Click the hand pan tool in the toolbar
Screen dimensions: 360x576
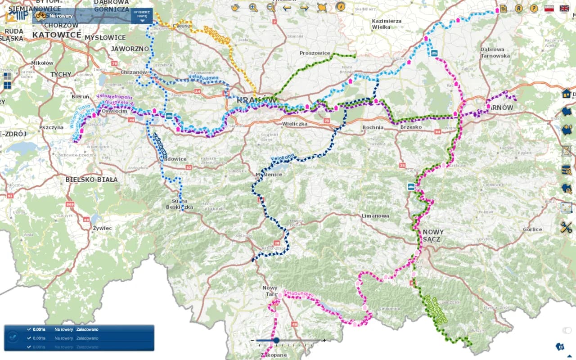235,7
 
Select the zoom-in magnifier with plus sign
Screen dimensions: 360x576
253,7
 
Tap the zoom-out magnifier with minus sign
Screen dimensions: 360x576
270,7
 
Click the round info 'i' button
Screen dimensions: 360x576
341,7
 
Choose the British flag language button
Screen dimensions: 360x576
564,8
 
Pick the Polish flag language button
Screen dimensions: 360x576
549,8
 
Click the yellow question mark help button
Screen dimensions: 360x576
534,8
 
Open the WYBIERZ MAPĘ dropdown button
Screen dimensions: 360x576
142,16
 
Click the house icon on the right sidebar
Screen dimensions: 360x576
566,93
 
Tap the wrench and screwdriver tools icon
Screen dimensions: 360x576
566,227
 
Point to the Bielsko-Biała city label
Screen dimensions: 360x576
91,180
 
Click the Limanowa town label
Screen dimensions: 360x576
375,216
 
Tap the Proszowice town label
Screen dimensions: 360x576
315,53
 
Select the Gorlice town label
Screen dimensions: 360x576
532,229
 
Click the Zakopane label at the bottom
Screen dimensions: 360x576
274,355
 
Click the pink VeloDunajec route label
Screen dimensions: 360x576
298,294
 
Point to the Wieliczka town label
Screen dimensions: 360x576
294,123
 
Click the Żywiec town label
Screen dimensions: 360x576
102,228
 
